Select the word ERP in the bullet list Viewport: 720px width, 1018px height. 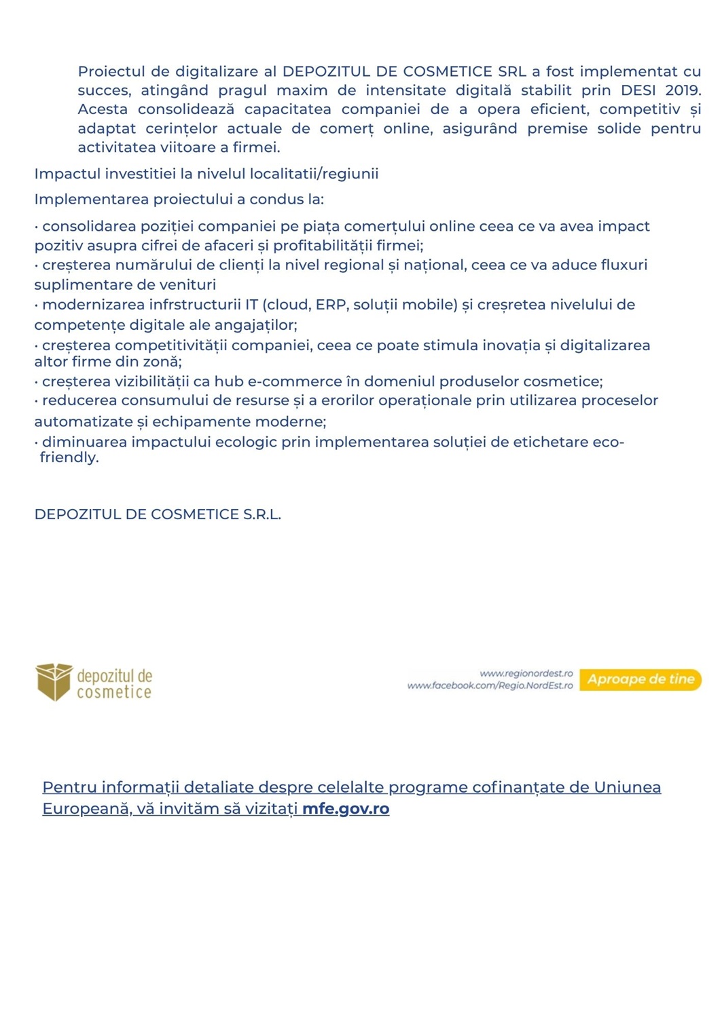(x=331, y=305)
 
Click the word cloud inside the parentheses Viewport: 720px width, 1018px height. (x=288, y=305)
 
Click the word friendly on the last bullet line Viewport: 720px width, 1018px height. (x=69, y=458)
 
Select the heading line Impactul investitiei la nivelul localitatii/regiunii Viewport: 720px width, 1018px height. (x=206, y=174)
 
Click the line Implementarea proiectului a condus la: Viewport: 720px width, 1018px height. (x=179, y=200)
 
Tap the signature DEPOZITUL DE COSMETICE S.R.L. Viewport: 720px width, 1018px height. (x=158, y=514)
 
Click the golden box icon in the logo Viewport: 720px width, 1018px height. (x=54, y=681)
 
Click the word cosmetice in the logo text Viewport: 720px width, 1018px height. (x=114, y=693)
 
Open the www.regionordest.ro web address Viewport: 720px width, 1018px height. (x=526, y=673)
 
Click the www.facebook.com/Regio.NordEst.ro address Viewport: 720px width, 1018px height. (x=490, y=686)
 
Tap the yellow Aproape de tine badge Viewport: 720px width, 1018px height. (x=641, y=679)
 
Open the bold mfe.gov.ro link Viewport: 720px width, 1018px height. (x=346, y=808)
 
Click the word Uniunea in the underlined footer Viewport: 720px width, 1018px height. (x=627, y=787)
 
